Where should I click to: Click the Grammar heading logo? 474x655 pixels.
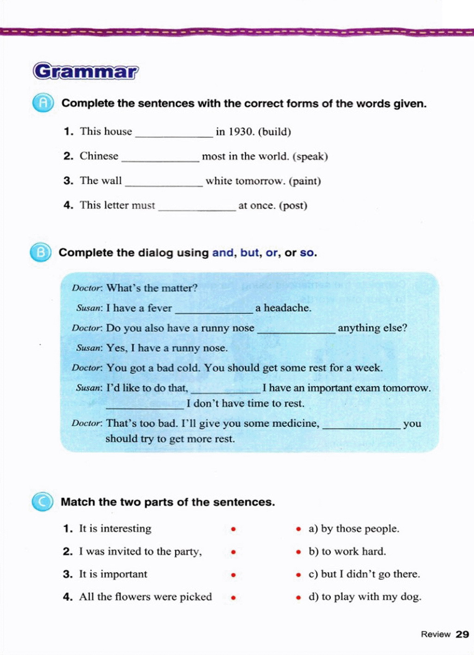(x=86, y=71)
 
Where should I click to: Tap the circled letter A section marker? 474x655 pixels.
(x=43, y=103)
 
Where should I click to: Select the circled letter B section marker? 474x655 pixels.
(x=41, y=252)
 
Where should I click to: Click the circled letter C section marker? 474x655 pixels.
(x=43, y=502)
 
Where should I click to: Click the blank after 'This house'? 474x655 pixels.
(x=174, y=133)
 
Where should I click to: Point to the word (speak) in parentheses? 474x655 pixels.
(x=310, y=156)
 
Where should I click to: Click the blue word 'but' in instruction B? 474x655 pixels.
(x=249, y=253)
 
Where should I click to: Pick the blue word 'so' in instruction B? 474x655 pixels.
(x=307, y=253)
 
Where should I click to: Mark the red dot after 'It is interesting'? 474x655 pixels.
(x=234, y=529)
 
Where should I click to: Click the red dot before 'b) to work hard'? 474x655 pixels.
(x=299, y=552)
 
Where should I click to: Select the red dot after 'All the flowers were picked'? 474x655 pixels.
(x=234, y=597)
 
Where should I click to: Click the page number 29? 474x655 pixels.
(x=462, y=634)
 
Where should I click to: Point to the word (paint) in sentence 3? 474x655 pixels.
(x=305, y=181)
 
